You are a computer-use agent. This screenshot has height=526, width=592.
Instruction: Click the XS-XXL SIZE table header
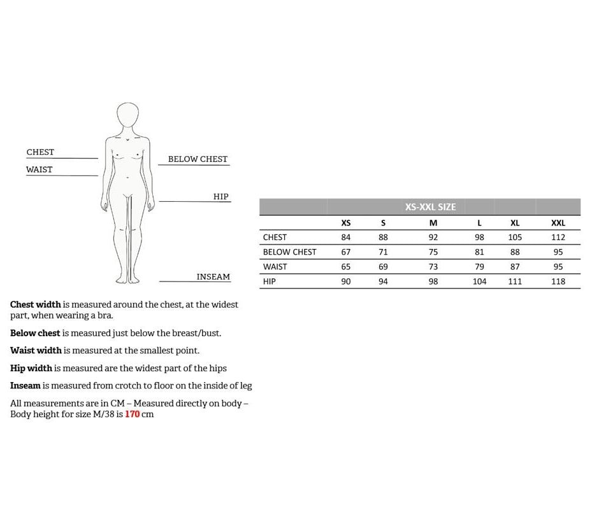click(430, 207)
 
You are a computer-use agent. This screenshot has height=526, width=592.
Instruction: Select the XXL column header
click(558, 223)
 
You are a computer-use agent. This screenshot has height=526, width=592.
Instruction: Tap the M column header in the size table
click(433, 223)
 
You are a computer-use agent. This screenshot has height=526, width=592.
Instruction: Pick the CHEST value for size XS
click(346, 238)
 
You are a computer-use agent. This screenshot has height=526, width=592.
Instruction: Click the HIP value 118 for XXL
click(558, 281)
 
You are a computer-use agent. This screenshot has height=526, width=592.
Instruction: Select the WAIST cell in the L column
click(479, 267)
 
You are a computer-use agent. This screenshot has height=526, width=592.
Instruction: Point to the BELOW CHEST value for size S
click(383, 252)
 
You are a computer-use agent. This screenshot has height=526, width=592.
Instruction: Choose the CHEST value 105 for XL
click(515, 238)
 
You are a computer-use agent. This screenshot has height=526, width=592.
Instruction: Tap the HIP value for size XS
click(346, 281)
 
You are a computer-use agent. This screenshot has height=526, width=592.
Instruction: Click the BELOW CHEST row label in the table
click(289, 252)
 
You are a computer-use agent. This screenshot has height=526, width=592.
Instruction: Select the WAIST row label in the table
click(275, 267)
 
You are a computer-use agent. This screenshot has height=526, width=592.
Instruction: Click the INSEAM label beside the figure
click(213, 277)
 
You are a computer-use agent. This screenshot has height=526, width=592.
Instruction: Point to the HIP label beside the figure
click(220, 197)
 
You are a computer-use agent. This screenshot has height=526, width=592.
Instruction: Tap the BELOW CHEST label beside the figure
click(198, 159)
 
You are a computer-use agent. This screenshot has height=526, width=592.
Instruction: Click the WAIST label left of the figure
click(40, 169)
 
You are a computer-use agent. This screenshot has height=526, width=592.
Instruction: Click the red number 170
click(132, 415)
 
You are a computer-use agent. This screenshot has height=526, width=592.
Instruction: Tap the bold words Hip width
click(31, 368)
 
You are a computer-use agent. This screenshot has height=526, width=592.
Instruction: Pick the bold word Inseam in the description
click(25, 386)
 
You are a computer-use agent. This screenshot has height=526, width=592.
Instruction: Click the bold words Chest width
click(36, 304)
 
